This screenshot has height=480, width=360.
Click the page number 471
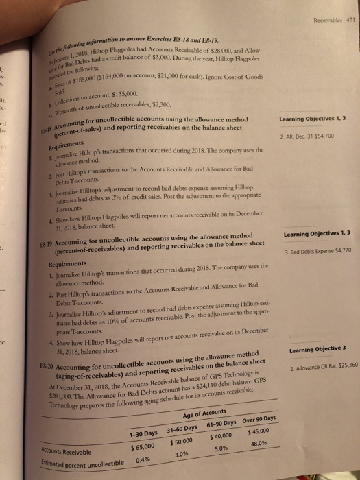pos(348,8)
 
